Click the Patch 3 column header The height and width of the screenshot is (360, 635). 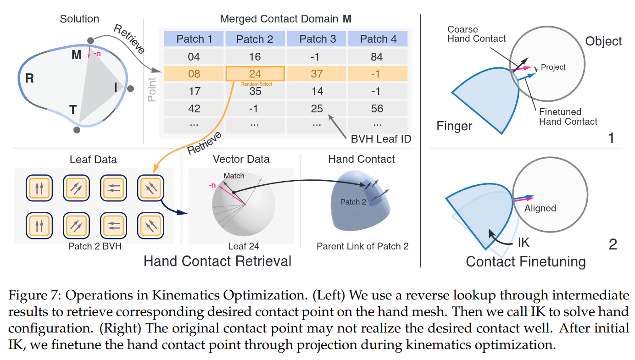click(317, 39)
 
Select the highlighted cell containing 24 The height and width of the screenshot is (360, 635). click(255, 74)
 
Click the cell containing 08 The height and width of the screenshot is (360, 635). click(194, 74)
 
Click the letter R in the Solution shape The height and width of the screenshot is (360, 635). click(29, 78)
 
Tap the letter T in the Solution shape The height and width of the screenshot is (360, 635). click(72, 109)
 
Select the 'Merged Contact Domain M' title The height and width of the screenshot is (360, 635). click(285, 19)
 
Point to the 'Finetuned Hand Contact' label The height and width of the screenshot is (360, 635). click(568, 116)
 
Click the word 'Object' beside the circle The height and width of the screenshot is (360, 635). click(603, 41)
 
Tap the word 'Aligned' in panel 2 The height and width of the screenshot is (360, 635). click(540, 208)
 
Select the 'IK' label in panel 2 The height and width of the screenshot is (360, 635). click(524, 242)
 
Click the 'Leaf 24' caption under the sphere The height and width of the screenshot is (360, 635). click(240, 246)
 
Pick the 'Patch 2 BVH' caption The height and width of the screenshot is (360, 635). click(93, 246)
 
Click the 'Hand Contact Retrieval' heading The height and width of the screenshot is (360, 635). click(217, 261)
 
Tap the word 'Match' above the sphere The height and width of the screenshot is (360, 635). click(234, 176)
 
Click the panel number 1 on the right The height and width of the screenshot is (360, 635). click(611, 138)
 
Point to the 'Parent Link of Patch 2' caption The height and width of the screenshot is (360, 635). click(362, 246)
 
